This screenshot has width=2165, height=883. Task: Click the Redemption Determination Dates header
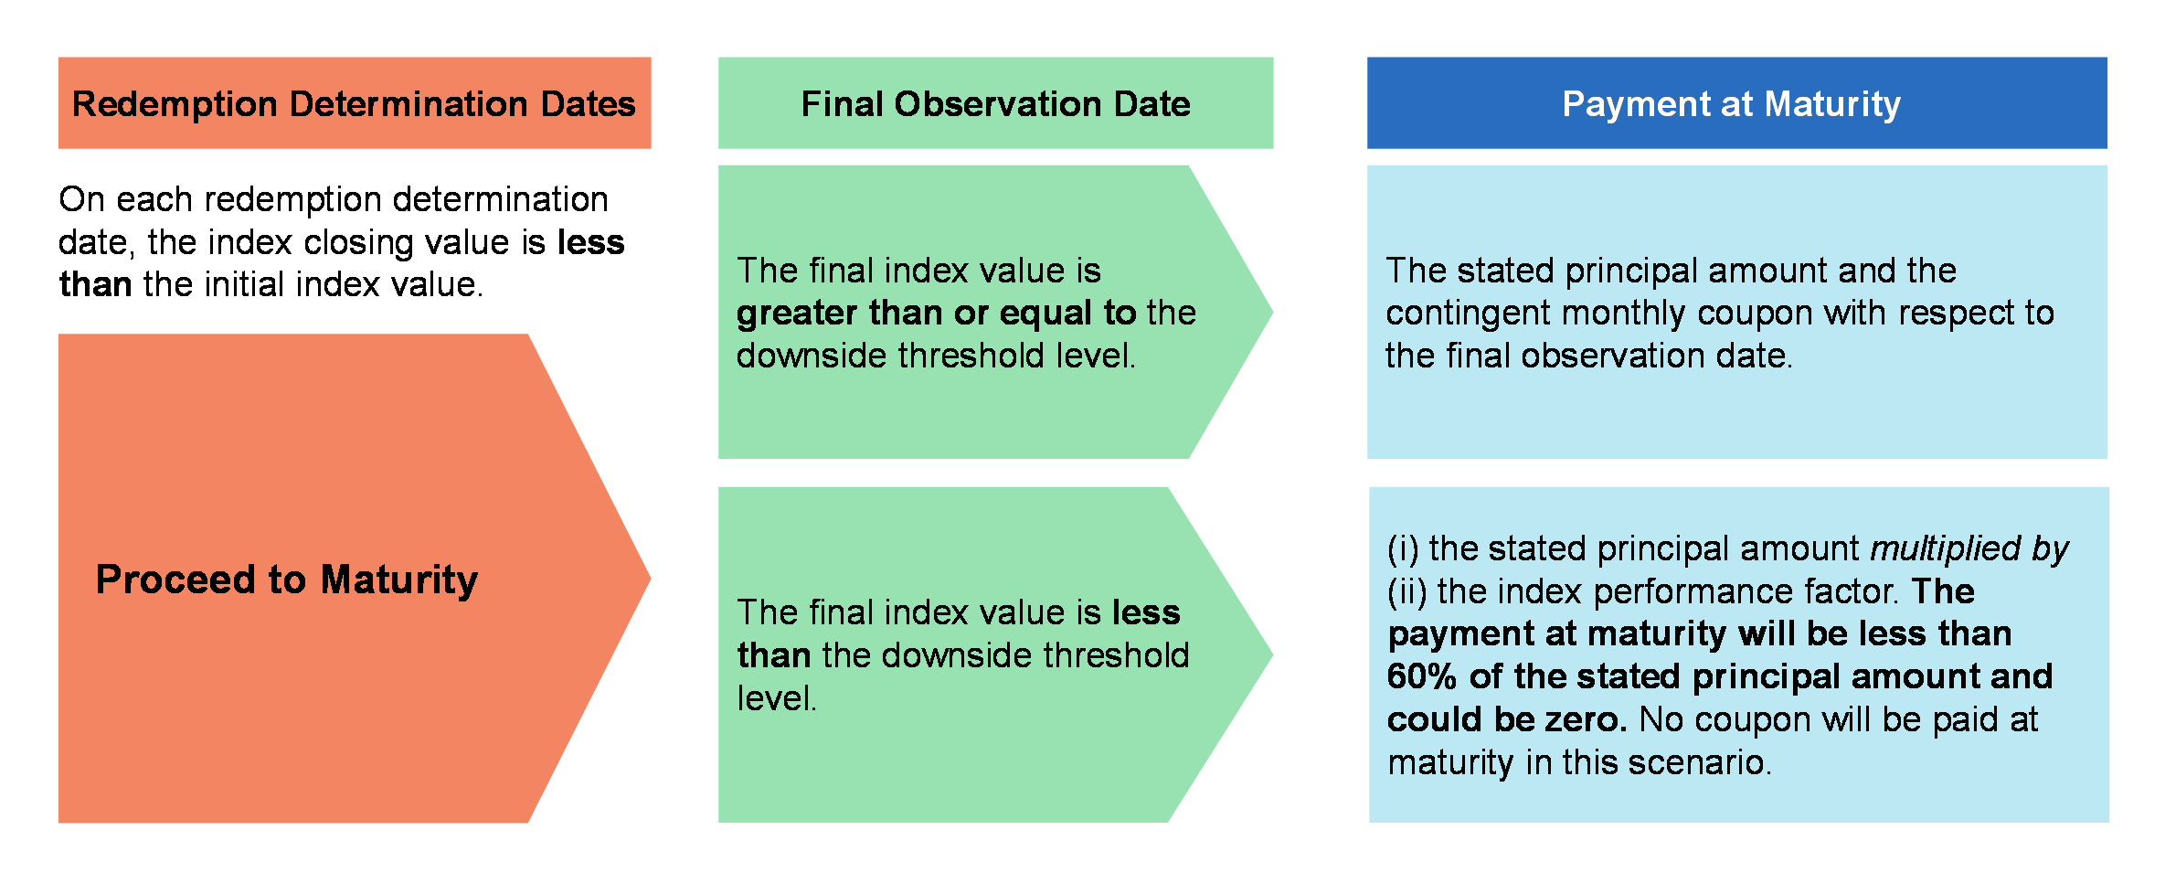[x=354, y=103]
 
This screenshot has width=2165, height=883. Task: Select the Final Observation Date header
[x=995, y=103]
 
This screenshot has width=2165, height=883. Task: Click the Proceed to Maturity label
[x=287, y=580]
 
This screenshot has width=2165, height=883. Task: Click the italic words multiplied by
[x=1969, y=548]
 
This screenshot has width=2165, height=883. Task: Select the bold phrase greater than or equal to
[x=936, y=314]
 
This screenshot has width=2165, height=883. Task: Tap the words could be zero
[x=1507, y=719]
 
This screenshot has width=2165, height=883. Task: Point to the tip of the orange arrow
[x=650, y=578]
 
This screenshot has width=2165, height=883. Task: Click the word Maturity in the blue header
[x=1832, y=104]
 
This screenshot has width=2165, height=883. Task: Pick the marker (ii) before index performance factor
[x=1406, y=591]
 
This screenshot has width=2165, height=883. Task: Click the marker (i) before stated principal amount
[x=1403, y=548]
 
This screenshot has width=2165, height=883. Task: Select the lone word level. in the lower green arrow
[x=777, y=698]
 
